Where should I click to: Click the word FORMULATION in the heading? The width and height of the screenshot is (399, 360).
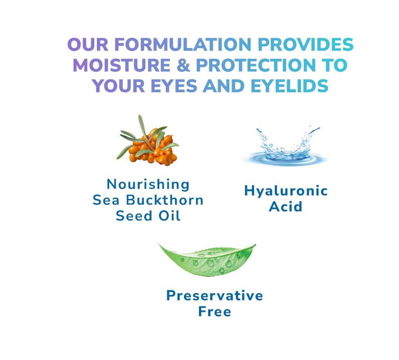point(183,44)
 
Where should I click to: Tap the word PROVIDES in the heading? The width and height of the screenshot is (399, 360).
point(305,44)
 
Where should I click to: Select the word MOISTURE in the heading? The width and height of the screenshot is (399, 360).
point(122,65)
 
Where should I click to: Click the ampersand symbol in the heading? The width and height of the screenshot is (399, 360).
point(183,65)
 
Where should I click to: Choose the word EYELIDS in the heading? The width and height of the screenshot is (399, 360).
point(290,86)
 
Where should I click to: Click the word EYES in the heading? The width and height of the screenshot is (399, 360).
point(174,86)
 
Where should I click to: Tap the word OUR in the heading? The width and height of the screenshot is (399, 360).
point(88,44)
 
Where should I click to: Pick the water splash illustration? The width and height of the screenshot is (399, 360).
point(285,146)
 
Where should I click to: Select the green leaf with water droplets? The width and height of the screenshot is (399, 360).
point(207,259)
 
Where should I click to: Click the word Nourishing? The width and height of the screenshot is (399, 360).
point(148,184)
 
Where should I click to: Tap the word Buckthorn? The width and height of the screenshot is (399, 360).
point(165,200)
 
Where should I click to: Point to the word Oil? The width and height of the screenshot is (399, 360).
point(170,216)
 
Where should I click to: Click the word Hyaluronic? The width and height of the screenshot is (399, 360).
point(286,191)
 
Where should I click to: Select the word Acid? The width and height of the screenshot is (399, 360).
point(286,206)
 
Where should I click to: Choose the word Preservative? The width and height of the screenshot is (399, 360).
point(215,296)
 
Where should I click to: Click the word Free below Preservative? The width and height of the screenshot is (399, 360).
point(215,311)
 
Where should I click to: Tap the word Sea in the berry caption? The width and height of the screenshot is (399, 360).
point(106,200)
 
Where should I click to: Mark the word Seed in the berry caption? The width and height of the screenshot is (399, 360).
point(134,216)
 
